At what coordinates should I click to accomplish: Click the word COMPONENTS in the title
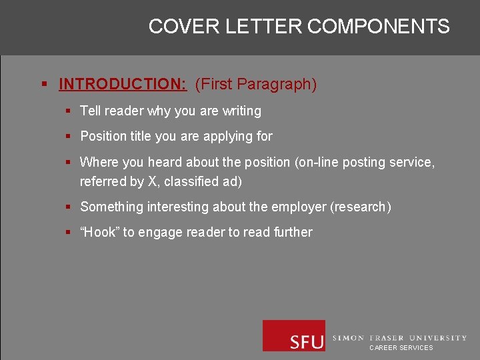click(x=378, y=27)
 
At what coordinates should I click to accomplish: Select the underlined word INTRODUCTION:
click(x=123, y=85)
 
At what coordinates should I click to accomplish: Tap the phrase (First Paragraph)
click(x=255, y=85)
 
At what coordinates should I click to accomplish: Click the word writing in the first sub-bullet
click(x=242, y=111)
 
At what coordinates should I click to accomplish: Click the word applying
click(x=228, y=137)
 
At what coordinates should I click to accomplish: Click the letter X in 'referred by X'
click(x=151, y=181)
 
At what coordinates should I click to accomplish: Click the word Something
click(x=112, y=207)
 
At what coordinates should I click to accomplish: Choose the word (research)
click(x=361, y=207)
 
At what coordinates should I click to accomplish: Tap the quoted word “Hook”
click(x=99, y=233)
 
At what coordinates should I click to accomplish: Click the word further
click(x=293, y=233)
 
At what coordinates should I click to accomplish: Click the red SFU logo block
click(x=294, y=335)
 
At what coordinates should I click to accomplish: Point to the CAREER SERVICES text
click(x=401, y=348)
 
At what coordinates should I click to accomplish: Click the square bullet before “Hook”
click(x=68, y=233)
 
